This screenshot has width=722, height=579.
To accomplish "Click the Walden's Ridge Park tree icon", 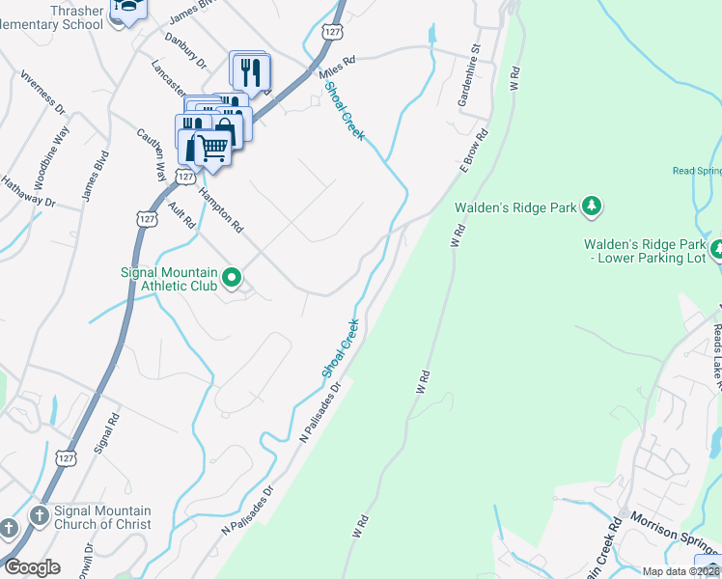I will [x=593, y=207].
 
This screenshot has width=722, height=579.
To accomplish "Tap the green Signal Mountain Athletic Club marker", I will [x=232, y=280].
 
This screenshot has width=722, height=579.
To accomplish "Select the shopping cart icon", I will [x=211, y=149].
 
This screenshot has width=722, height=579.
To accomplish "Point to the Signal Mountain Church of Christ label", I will [x=89, y=518].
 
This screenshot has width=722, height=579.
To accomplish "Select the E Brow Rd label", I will [x=476, y=150].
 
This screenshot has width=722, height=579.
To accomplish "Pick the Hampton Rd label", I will [x=221, y=209].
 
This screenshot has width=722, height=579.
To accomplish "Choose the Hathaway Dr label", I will [x=27, y=191].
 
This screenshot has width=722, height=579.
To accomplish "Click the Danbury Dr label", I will [x=186, y=50].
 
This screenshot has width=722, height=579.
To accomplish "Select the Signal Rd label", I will [x=106, y=434].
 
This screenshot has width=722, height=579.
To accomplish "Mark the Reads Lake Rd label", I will [x=716, y=353].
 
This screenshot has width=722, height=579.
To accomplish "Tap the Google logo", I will [x=32, y=567].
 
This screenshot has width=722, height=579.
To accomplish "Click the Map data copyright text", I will [x=681, y=571].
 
